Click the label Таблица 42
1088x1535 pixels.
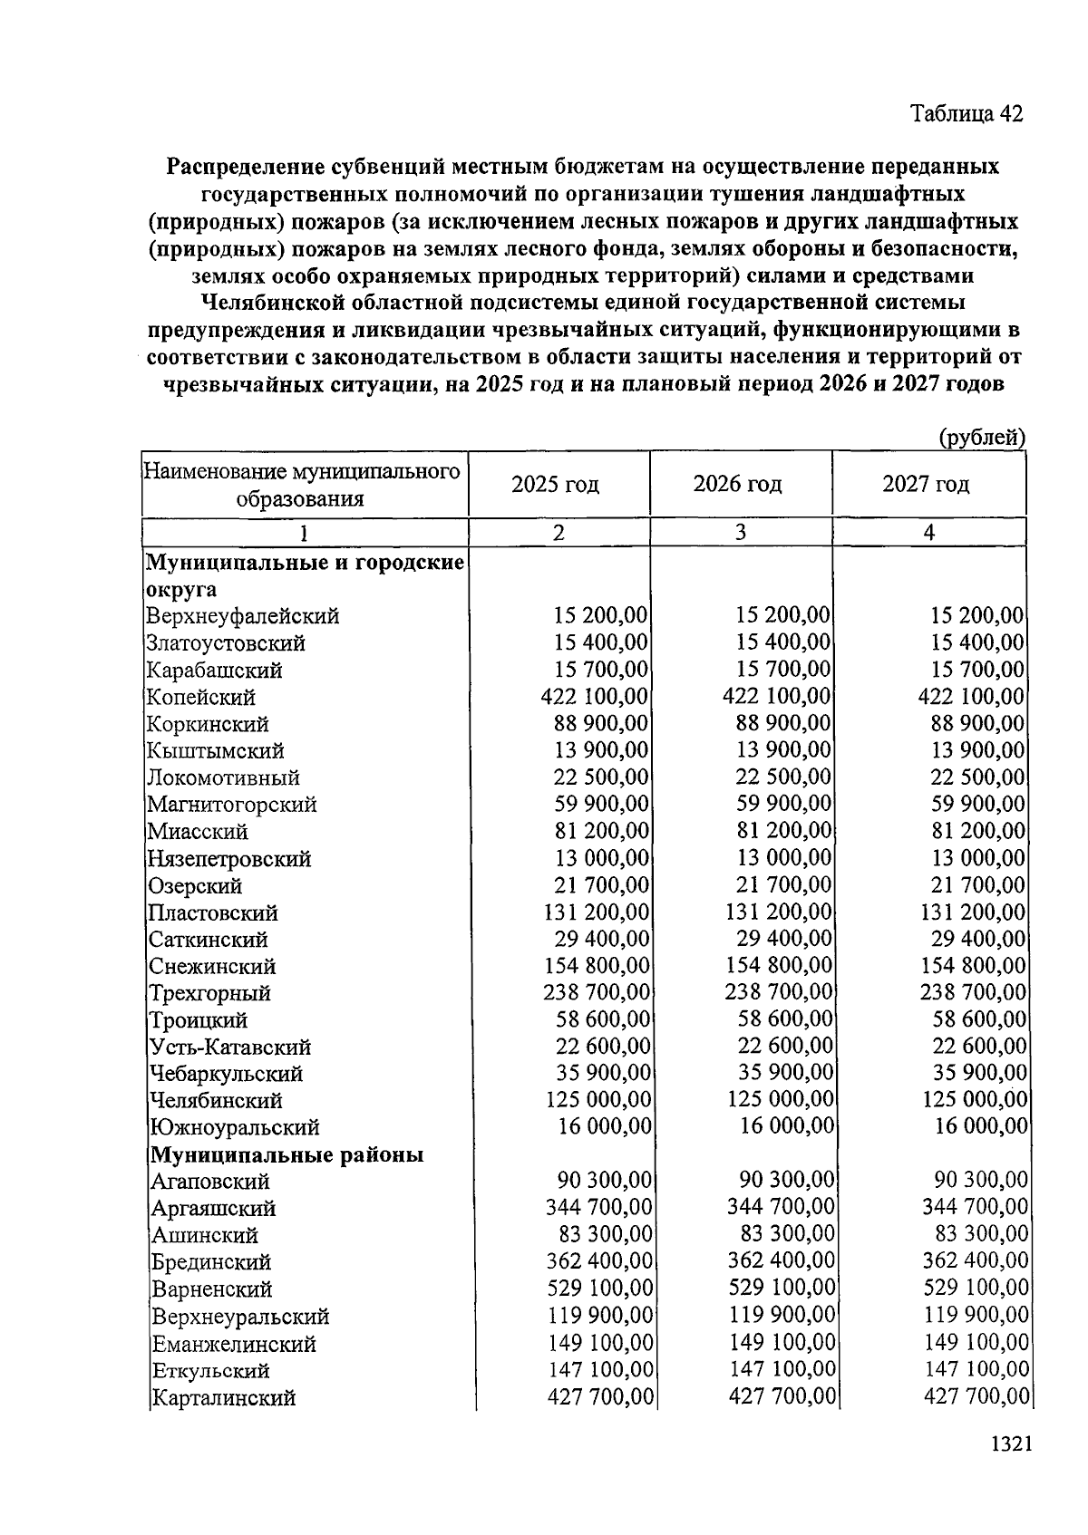click(x=967, y=114)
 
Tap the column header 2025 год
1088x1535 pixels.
click(x=555, y=484)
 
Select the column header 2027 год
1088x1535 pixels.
click(x=926, y=484)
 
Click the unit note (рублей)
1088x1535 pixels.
click(x=981, y=438)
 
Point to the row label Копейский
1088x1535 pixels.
click(x=201, y=698)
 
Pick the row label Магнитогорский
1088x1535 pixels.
click(x=232, y=805)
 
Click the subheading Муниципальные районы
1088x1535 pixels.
click(x=287, y=1155)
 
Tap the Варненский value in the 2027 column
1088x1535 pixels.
click(x=976, y=1288)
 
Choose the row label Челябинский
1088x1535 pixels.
click(x=217, y=1101)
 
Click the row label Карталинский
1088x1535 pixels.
click(x=223, y=1398)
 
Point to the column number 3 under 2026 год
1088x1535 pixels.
click(x=741, y=532)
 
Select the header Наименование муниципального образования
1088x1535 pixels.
click(x=302, y=485)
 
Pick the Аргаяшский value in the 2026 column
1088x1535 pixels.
click(x=781, y=1207)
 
